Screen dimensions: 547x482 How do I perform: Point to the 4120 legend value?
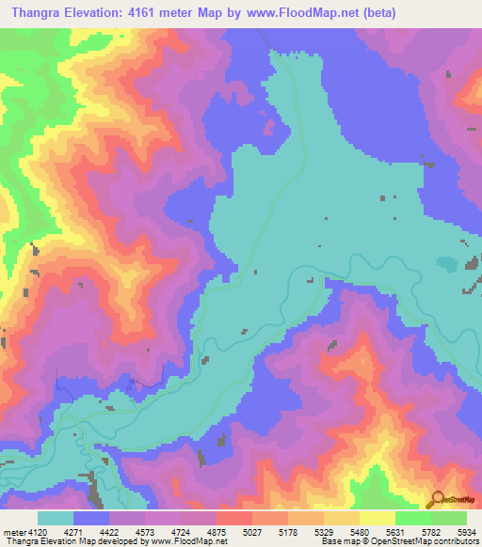click(x=30, y=531)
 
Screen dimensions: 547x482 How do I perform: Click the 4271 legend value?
click(x=72, y=531)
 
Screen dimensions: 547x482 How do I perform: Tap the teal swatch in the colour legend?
click(x=56, y=518)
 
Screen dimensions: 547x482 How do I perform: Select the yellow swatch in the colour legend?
click(x=377, y=518)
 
